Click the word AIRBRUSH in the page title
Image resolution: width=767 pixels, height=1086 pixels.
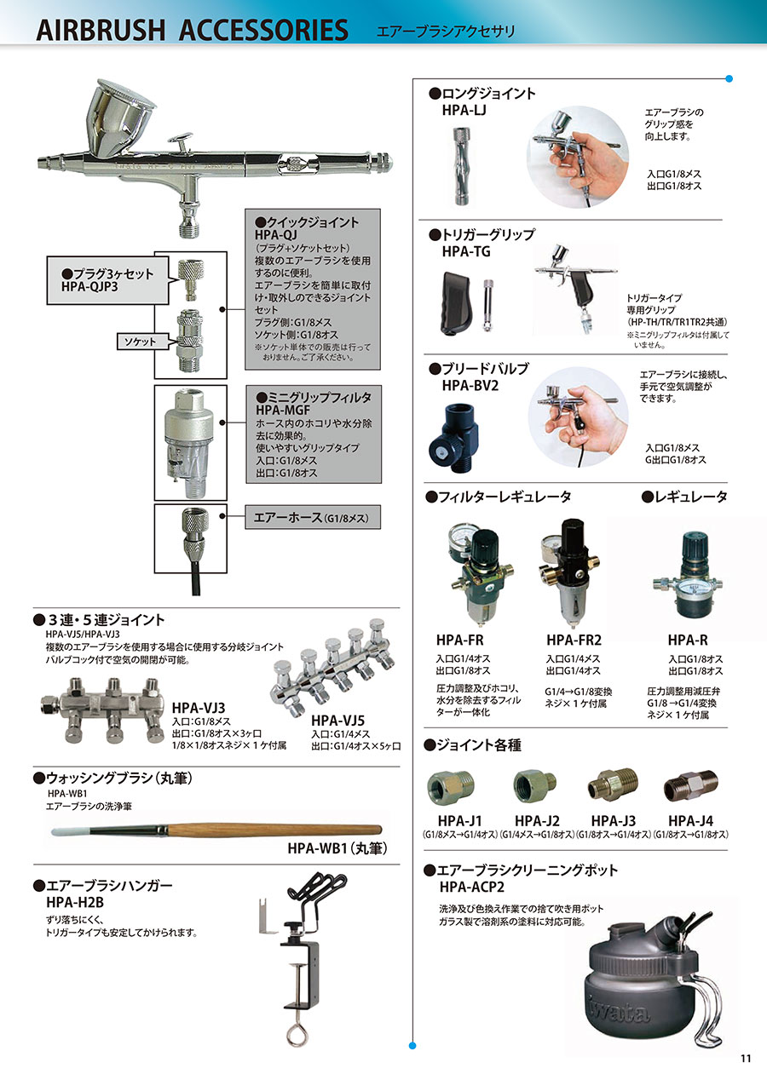(101, 30)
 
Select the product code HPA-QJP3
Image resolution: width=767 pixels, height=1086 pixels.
(89, 287)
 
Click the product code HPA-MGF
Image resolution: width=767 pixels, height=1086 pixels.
(283, 411)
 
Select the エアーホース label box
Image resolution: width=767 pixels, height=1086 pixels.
(313, 517)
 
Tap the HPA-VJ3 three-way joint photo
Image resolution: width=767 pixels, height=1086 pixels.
(103, 710)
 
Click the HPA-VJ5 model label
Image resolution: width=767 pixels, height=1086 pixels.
(337, 721)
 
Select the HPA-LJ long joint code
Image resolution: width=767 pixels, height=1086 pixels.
(464, 111)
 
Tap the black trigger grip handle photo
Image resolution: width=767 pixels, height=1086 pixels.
(458, 303)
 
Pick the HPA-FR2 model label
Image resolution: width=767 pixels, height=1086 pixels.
(574, 640)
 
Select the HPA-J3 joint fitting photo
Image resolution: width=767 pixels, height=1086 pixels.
(614, 784)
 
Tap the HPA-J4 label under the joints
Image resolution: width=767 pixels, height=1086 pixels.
(690, 821)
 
